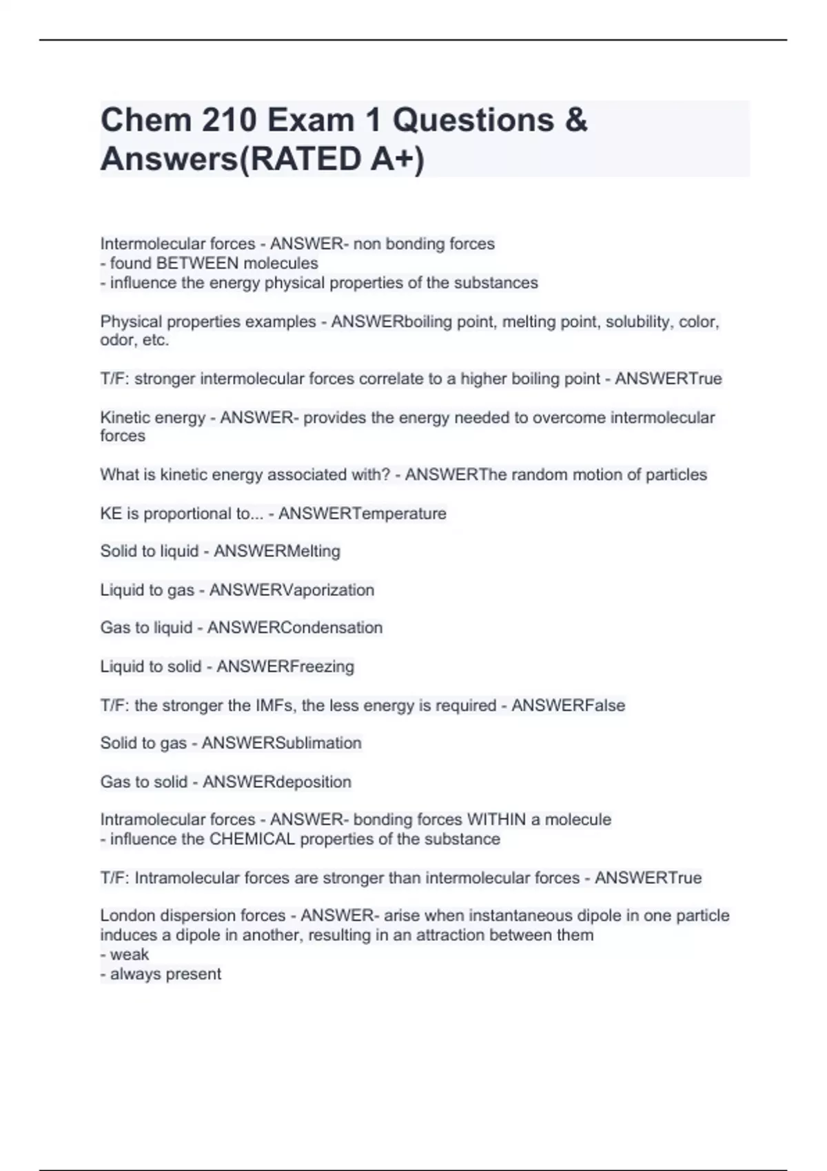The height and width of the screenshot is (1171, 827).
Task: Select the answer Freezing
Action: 322,667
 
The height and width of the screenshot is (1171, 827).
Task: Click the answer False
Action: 605,705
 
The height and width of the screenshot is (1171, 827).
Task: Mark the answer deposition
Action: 314,782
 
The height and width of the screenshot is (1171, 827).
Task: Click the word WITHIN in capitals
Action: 496,820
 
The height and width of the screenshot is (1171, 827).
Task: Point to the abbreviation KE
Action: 111,514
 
